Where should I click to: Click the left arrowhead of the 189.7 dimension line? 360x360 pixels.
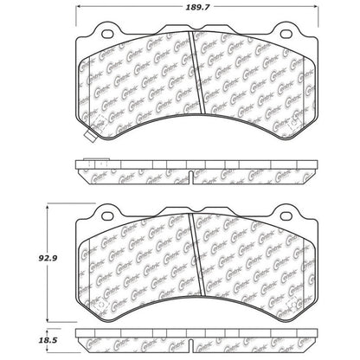(78, 16)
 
